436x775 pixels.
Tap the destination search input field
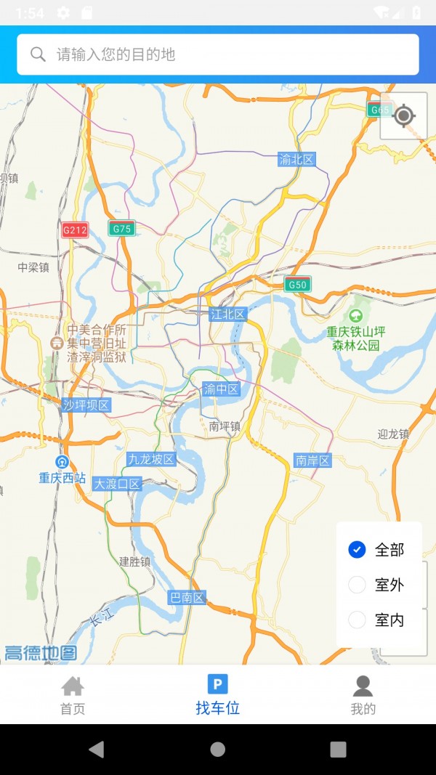click(x=218, y=54)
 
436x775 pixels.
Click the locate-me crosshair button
click(x=404, y=116)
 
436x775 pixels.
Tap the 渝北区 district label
click(x=297, y=159)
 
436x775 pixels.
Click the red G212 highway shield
click(x=75, y=230)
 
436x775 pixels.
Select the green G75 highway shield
click(x=122, y=229)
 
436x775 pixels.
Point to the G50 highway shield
click(x=297, y=285)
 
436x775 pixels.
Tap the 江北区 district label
click(x=227, y=314)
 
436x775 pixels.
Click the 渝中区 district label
click(x=221, y=389)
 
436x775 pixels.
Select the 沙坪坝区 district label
click(x=86, y=405)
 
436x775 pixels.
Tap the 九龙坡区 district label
click(x=151, y=459)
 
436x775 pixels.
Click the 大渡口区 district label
click(x=117, y=484)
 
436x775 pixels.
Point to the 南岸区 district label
click(x=312, y=460)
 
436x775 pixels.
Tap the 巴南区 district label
click(x=187, y=598)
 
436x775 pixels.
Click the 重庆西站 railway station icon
click(x=62, y=463)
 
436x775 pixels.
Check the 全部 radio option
click(x=357, y=550)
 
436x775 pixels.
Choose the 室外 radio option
click(x=357, y=585)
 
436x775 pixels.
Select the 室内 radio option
click(x=357, y=620)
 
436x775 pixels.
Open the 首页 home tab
click(x=73, y=695)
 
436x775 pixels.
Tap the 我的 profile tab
click(x=363, y=695)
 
